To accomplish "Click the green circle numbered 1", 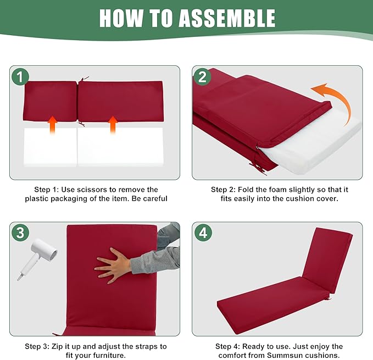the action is [20, 76].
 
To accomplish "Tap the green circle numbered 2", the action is [202, 76].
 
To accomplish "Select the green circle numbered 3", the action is [20, 232].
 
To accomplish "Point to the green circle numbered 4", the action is [203, 232].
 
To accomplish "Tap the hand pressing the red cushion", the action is [114, 264].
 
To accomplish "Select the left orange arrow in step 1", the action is [52, 125].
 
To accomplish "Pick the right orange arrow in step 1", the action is [113, 125].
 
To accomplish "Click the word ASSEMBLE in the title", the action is [227, 18].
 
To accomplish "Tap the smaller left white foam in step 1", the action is [50, 147].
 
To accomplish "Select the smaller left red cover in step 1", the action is [50, 101].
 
